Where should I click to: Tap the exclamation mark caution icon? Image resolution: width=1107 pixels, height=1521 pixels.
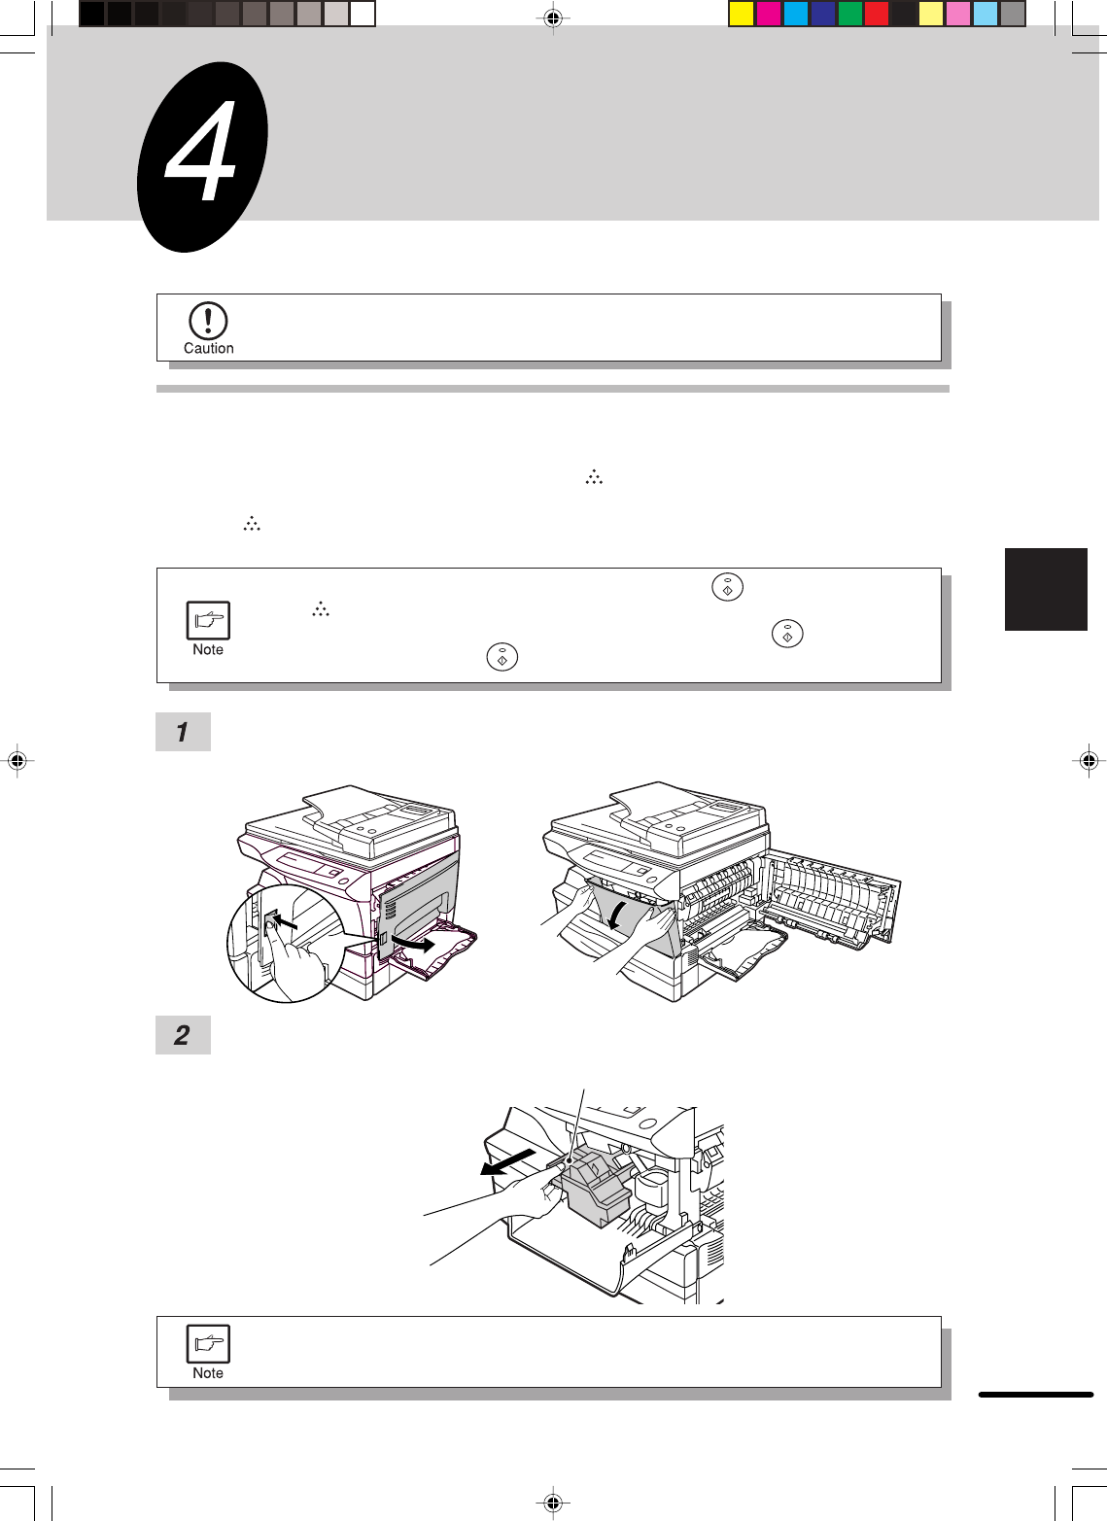(x=208, y=321)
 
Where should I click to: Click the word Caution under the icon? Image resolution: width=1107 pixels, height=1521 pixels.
(x=209, y=348)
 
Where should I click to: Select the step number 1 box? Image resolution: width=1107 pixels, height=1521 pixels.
(x=184, y=731)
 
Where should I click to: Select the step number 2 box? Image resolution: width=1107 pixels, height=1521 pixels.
(x=184, y=1035)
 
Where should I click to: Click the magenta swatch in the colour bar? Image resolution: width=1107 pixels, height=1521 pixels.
(x=768, y=14)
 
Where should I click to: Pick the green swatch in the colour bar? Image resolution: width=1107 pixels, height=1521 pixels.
(x=849, y=14)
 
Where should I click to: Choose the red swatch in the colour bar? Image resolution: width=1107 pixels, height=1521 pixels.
(x=876, y=14)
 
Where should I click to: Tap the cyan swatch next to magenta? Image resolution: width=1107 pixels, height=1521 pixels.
(x=795, y=14)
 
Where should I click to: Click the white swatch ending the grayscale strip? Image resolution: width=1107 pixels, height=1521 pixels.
(x=363, y=14)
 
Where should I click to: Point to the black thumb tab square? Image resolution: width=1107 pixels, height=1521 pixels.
(x=1046, y=589)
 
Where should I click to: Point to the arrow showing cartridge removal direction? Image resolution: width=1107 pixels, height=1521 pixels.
(x=507, y=1161)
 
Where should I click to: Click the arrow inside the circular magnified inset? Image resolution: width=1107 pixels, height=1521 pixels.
(x=284, y=923)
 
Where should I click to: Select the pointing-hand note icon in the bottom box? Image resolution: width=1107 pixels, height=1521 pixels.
(x=208, y=1344)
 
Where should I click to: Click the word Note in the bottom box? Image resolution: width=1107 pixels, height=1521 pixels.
(x=208, y=1372)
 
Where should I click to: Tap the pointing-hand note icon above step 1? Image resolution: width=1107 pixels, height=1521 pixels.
(x=208, y=620)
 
